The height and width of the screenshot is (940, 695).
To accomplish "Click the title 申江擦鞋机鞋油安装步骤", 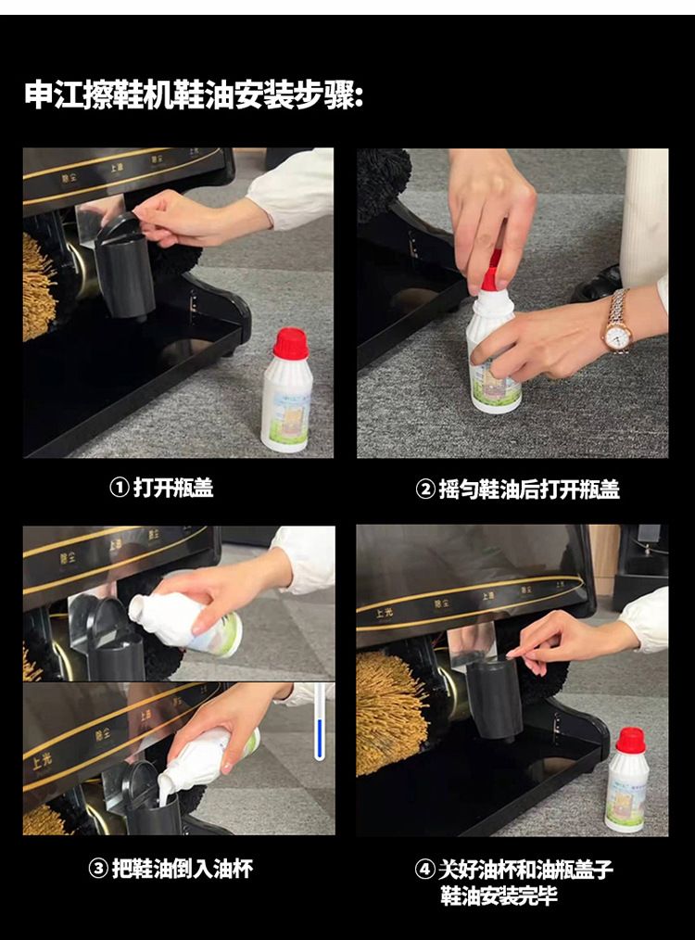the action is (x=194, y=95).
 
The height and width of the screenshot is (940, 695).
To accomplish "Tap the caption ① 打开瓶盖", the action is (x=161, y=488).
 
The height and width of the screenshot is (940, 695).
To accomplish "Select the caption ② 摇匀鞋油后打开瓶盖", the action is (x=517, y=489).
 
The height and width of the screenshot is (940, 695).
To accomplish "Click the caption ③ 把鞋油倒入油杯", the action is (x=171, y=869).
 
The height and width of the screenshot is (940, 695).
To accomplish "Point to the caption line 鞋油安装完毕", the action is (x=499, y=896).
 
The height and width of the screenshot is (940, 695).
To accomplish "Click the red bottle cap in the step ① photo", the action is (x=291, y=344).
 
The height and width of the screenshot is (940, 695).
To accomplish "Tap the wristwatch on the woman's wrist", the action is (x=616, y=324).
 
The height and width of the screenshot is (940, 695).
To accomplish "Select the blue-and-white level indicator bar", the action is (x=320, y=722).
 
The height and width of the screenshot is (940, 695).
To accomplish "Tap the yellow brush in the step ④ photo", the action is (x=391, y=713).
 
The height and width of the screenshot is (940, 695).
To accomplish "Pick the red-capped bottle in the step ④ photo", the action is (x=626, y=779).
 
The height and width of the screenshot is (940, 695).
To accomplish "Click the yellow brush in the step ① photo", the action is (x=38, y=287).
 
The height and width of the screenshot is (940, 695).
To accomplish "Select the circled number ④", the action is (x=424, y=870).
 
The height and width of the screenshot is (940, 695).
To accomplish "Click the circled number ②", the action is (x=424, y=489).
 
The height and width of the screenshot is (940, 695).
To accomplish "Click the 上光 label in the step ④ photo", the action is (x=385, y=613).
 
